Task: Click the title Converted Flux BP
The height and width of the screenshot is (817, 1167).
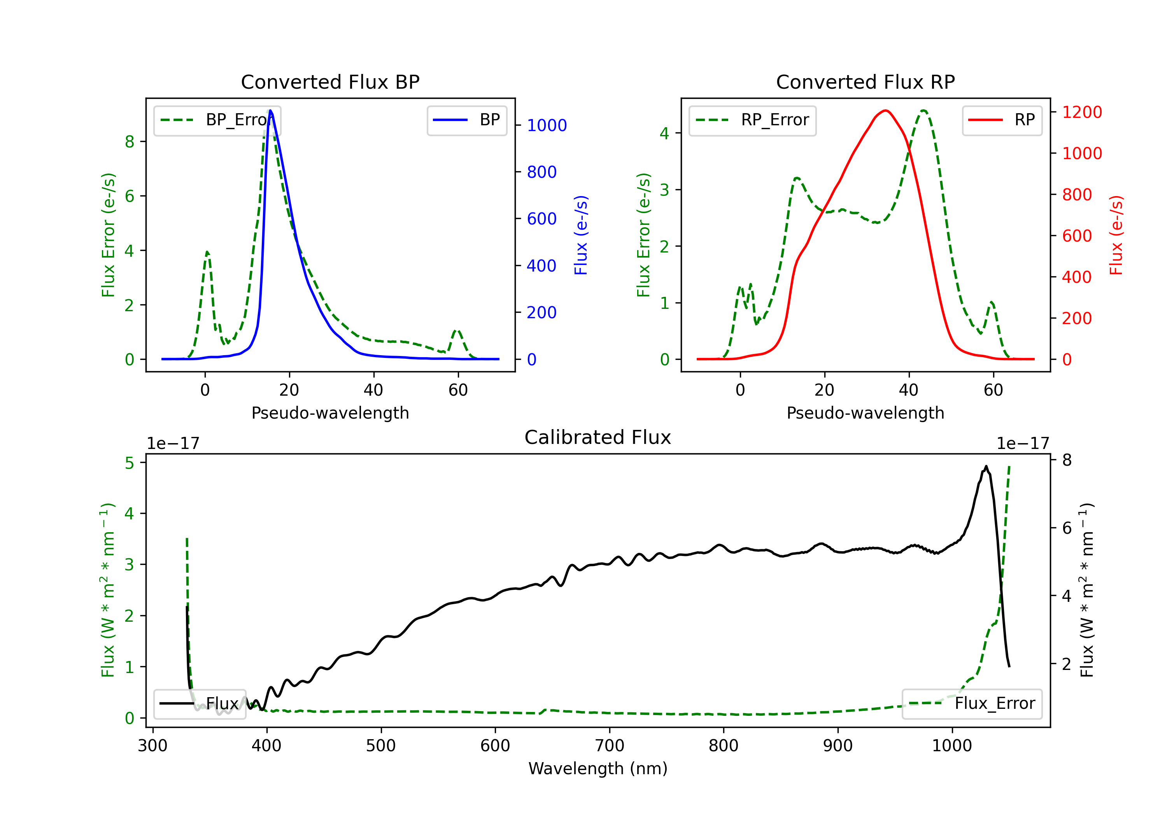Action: [330, 82]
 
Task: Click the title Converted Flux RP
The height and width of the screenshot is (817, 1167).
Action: [866, 82]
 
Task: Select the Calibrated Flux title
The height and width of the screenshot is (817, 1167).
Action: [598, 437]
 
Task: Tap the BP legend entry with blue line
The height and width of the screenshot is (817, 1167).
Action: [466, 120]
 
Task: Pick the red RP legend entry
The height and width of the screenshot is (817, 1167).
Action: [1002, 120]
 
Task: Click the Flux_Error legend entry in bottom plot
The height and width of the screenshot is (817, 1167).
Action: [972, 704]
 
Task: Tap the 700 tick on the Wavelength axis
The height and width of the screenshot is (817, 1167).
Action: [610, 746]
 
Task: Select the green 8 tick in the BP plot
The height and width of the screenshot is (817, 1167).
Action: [130, 141]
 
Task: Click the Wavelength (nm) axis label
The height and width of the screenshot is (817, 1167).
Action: [598, 768]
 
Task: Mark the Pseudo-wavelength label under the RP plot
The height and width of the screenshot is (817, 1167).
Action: [866, 413]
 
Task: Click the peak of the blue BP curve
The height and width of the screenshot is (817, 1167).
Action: [270, 110]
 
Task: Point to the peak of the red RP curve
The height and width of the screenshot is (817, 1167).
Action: [886, 110]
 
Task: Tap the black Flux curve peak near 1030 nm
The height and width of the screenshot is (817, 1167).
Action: [986, 466]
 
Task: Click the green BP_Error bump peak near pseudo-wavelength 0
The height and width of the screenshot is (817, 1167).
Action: [207, 252]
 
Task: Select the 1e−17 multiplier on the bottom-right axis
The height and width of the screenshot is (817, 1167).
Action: [1023, 444]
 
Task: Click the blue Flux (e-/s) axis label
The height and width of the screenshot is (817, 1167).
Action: [581, 235]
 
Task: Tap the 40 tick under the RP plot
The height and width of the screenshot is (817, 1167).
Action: [909, 390]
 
